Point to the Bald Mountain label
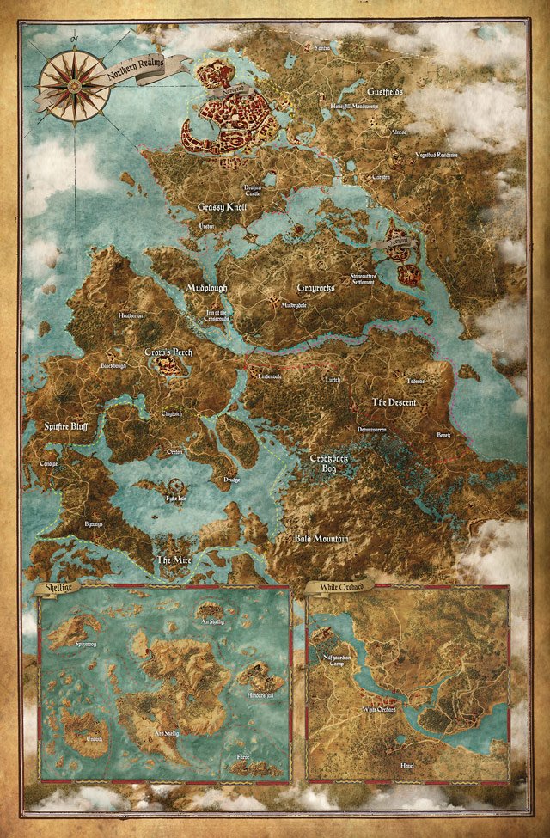[320, 539]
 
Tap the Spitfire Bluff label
[62, 425]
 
